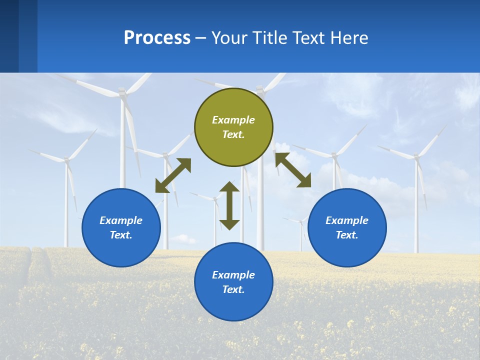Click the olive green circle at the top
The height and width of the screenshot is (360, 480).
click(233, 127)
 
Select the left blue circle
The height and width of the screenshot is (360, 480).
click(121, 227)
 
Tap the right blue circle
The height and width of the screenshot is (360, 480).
click(347, 227)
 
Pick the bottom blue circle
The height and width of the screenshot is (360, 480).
click(233, 282)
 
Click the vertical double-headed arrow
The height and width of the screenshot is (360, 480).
click(229, 205)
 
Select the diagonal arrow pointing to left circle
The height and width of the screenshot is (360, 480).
click(173, 175)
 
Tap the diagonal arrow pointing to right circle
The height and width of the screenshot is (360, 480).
click(293, 170)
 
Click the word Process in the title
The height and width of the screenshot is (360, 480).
click(157, 37)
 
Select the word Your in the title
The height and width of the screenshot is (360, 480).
click(228, 37)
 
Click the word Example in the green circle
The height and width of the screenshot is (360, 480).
click(233, 120)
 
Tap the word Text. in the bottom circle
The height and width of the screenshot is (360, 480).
click(233, 289)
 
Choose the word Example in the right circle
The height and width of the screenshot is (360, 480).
click(347, 220)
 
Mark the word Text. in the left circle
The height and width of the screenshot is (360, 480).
click(121, 235)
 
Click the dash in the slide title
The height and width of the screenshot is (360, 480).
click(201, 38)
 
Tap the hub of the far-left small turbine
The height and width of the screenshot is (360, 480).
click(66, 160)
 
